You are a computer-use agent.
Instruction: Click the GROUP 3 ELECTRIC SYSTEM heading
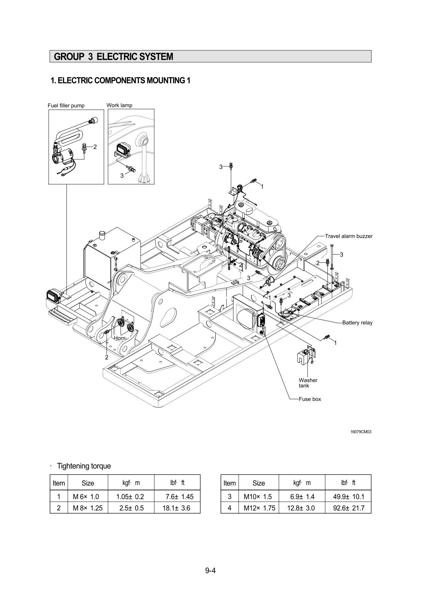tap(114, 57)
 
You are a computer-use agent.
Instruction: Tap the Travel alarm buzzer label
tap(348, 236)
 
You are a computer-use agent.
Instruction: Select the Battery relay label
tap(357, 322)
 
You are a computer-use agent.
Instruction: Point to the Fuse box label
tap(310, 399)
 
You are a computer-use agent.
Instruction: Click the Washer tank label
tap(308, 383)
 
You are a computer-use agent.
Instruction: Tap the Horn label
tap(119, 338)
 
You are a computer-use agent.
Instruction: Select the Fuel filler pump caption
tap(66, 106)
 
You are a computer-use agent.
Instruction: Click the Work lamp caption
tap(119, 105)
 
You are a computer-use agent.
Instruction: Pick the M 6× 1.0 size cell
tap(86, 497)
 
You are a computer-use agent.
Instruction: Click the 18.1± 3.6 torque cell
tap(177, 508)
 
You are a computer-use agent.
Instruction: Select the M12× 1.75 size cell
tap(259, 508)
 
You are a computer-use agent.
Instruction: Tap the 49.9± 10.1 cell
tap(348, 497)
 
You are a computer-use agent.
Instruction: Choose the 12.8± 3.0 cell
tap(301, 508)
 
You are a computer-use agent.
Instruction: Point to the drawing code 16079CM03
tap(361, 432)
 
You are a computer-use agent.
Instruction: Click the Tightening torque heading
tap(84, 466)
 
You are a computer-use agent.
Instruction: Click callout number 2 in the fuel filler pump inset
tap(95, 147)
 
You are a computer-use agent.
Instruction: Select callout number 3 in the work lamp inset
tap(122, 176)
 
